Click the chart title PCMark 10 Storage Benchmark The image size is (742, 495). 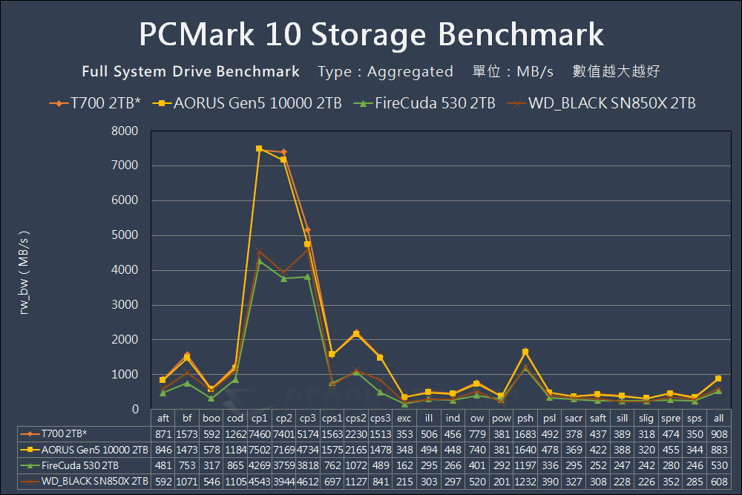click(371, 35)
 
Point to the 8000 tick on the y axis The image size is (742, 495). click(125, 131)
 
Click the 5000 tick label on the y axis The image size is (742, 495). click(125, 235)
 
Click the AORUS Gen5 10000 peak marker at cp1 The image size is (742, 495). click(259, 148)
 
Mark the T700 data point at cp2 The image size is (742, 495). click(283, 152)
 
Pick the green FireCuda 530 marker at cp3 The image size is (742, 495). click(308, 277)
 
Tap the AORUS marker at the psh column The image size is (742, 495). click(525, 352)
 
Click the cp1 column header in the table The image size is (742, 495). click(259, 418)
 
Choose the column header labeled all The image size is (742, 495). click(718, 418)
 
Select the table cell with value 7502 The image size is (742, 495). click(259, 449)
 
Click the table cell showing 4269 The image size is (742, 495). click(259, 465)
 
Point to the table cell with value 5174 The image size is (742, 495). click(308, 433)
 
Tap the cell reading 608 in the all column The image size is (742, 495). click(718, 482)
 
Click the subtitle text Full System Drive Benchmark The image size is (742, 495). click(191, 72)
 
